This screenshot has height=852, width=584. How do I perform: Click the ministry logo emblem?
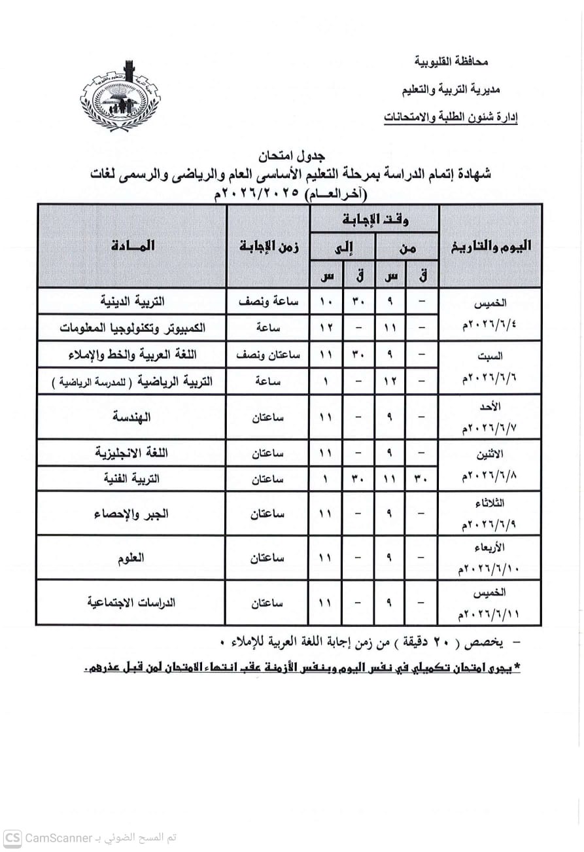click(x=120, y=99)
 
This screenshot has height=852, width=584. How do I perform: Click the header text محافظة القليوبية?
click(x=451, y=62)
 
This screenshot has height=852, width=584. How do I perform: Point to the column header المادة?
click(x=133, y=245)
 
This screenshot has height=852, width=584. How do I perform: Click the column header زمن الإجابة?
click(x=268, y=245)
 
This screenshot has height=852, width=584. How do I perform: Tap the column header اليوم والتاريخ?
click(x=490, y=245)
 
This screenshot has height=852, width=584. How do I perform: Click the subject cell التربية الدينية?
click(x=132, y=302)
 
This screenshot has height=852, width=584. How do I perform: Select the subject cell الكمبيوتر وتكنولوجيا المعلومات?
click(x=132, y=328)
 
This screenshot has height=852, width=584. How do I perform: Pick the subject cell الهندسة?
click(x=132, y=416)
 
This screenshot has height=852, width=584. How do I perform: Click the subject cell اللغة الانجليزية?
click(x=132, y=452)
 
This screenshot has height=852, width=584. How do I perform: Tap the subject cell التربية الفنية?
click(x=132, y=478)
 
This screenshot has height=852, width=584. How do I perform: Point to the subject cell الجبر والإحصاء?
click(x=132, y=514)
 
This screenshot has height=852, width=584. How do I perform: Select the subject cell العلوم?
click(x=132, y=558)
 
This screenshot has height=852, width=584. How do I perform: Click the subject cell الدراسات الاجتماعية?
click(x=132, y=603)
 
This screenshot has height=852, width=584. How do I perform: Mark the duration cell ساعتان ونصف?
click(x=268, y=355)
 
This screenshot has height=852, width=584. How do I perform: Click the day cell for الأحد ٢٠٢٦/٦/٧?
click(x=490, y=417)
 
